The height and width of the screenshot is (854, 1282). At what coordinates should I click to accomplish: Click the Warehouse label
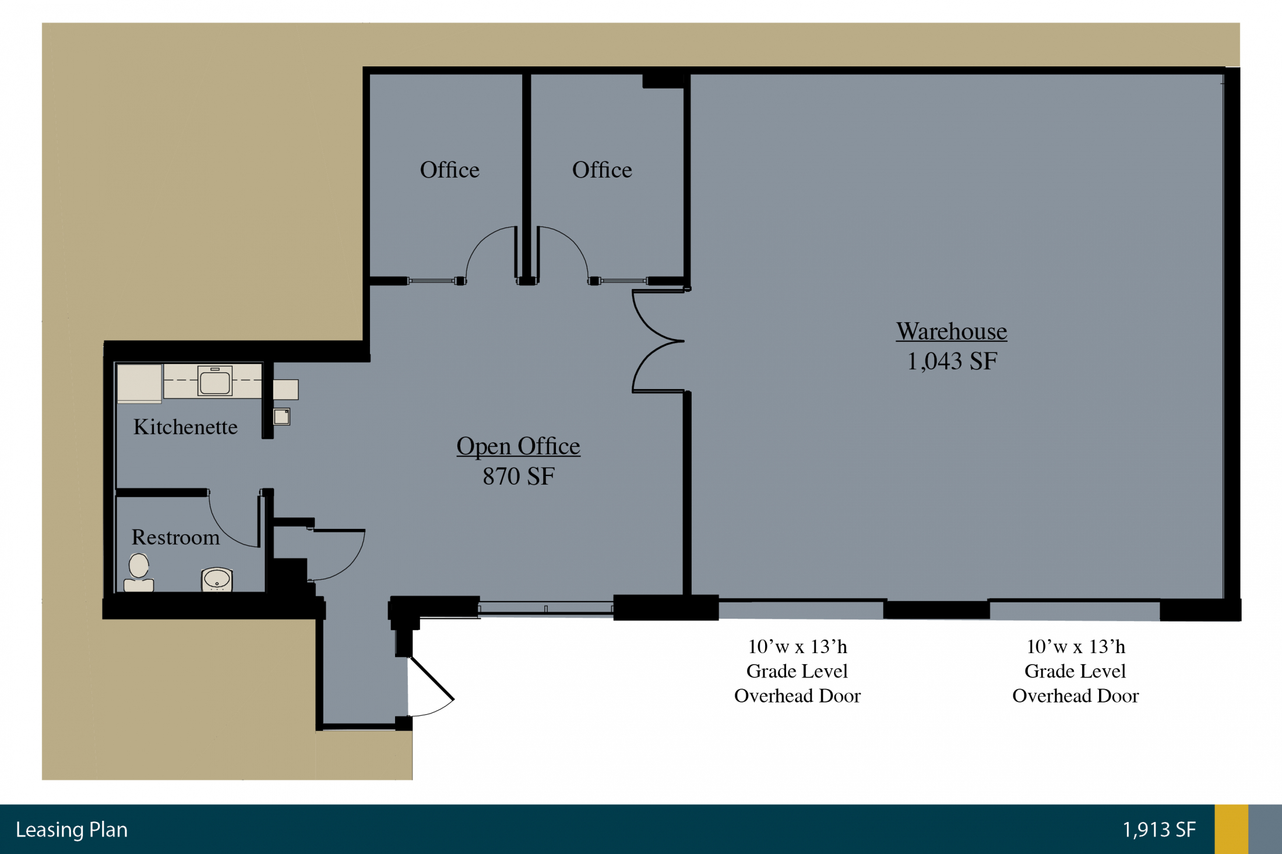point(952,331)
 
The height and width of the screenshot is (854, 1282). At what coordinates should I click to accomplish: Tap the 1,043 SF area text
point(952,361)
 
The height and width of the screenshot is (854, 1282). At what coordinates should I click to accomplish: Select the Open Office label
point(518,446)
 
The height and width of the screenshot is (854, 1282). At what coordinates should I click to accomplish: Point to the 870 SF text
point(519,477)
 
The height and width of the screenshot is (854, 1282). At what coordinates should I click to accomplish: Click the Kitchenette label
point(185,427)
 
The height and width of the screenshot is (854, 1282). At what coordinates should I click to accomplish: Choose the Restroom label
point(175,537)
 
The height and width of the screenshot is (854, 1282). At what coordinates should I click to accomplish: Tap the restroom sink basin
point(217,580)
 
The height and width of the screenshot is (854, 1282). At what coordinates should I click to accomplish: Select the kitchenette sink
point(214,381)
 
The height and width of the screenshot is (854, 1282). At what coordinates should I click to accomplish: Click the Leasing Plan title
point(72,830)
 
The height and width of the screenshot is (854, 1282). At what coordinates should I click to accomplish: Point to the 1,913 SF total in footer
point(1159,830)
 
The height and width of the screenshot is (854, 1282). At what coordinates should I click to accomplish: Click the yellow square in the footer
point(1231,830)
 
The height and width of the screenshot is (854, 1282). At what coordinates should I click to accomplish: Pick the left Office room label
point(449,170)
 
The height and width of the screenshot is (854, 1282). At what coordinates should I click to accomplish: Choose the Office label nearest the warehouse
point(602,170)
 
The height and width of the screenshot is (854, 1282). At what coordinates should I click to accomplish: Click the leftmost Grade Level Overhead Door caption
point(797,671)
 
